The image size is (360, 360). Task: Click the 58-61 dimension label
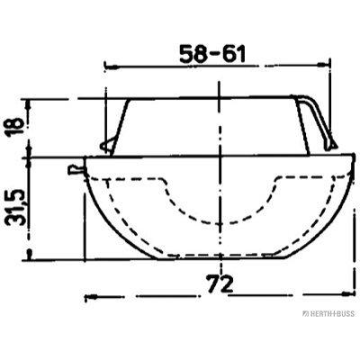click(212, 54)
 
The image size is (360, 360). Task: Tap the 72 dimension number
click(220, 284)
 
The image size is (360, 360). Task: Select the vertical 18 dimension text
click(14, 127)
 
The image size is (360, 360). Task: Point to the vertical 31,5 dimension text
click(15, 207)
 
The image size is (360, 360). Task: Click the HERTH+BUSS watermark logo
click(328, 314)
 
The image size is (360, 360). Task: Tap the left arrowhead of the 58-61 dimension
click(111, 67)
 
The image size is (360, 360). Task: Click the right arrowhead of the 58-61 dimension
click(324, 65)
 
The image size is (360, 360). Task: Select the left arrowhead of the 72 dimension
click(91, 297)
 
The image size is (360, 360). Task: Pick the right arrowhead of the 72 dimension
click(346, 294)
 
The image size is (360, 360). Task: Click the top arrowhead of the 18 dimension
click(29, 105)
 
